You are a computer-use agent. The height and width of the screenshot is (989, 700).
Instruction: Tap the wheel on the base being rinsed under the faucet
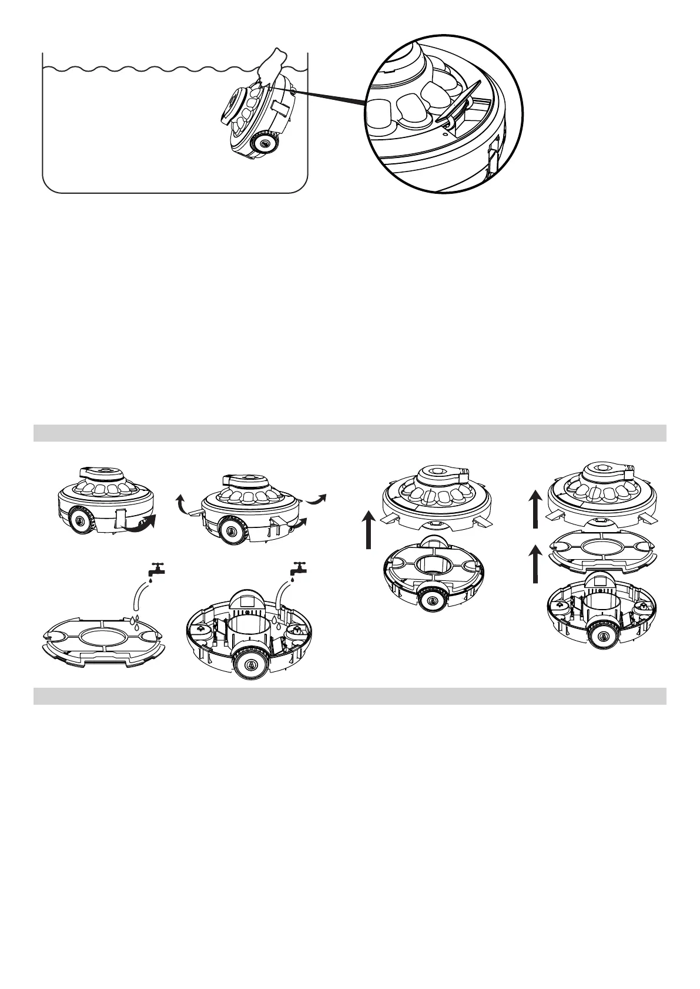(x=251, y=665)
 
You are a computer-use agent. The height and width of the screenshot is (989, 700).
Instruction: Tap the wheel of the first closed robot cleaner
(x=78, y=520)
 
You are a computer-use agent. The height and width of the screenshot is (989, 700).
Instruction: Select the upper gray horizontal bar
(x=350, y=433)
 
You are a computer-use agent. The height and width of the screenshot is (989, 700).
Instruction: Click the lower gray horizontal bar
(x=350, y=696)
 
